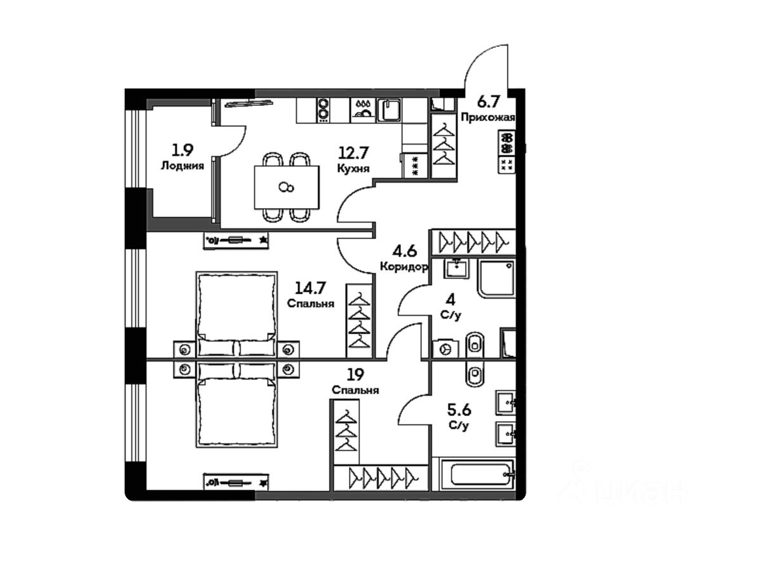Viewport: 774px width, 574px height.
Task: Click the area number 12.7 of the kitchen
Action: click(x=353, y=153)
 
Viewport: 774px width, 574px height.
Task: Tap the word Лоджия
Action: click(x=182, y=166)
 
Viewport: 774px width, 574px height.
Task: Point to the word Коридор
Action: click(x=404, y=267)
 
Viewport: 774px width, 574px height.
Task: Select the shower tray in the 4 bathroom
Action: click(x=497, y=278)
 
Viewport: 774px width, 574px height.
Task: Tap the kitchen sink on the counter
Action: click(x=388, y=110)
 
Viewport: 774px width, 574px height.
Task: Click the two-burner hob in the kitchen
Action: click(x=324, y=110)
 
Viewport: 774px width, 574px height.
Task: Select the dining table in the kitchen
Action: click(x=287, y=186)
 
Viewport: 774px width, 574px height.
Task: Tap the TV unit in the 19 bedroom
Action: click(x=237, y=482)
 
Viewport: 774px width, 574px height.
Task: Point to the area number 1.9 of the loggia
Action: click(x=182, y=150)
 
